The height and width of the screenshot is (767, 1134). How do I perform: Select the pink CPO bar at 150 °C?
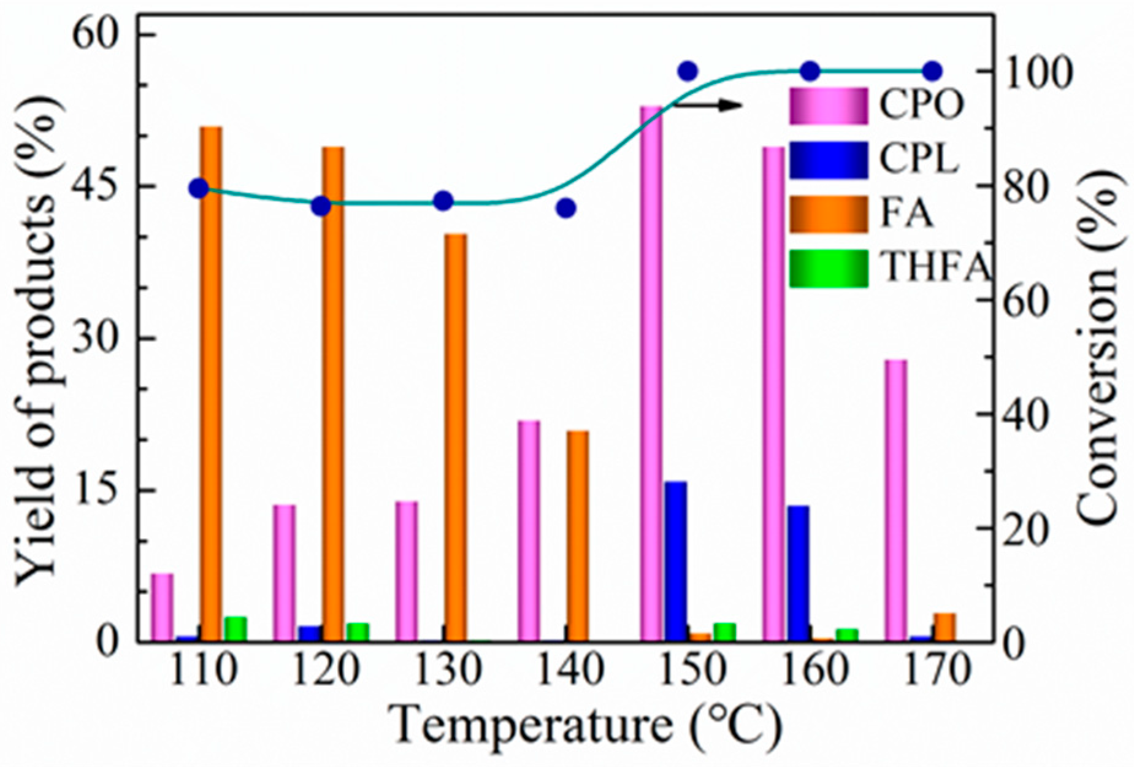pyautogui.click(x=651, y=374)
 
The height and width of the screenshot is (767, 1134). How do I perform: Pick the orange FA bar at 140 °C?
pyautogui.click(x=577, y=537)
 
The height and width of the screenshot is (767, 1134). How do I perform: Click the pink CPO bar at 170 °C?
pyautogui.click(x=896, y=500)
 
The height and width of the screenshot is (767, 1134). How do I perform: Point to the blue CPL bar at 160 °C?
pyautogui.click(x=799, y=574)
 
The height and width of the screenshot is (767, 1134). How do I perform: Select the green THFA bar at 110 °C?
pyautogui.click(x=236, y=629)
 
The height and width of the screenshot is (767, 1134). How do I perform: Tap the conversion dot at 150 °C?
pyautogui.click(x=688, y=71)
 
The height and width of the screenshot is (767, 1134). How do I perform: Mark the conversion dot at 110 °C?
pyautogui.click(x=199, y=188)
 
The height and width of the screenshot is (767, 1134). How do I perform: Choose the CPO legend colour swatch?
pyautogui.click(x=828, y=106)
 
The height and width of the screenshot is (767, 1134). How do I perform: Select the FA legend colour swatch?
pyautogui.click(x=828, y=215)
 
